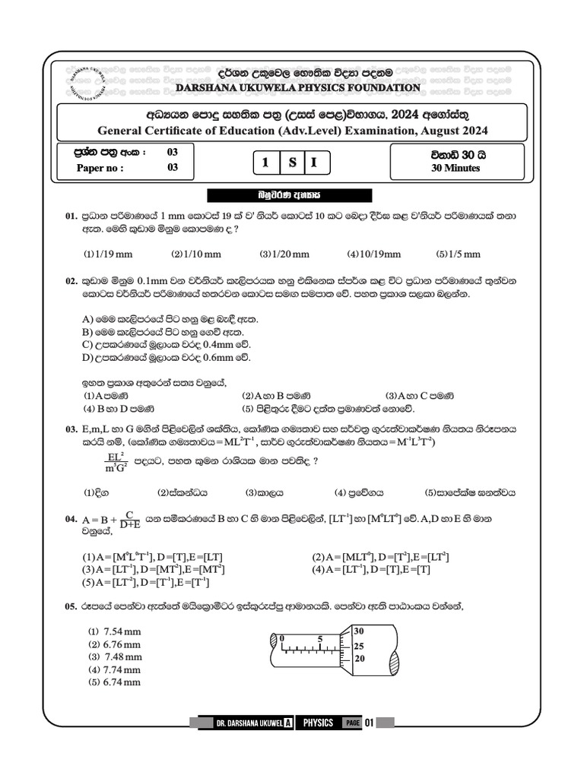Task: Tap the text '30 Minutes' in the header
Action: tap(455, 168)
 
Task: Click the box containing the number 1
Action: tap(265, 163)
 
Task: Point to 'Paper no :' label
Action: tap(100, 168)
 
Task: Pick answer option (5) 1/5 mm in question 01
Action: tap(459, 254)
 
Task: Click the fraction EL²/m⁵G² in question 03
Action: tap(115, 461)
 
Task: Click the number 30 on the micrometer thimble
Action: tap(359, 631)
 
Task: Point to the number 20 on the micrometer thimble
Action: tap(360, 659)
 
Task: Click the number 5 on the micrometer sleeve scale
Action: tap(320, 638)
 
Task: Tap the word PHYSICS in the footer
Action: tap(317, 723)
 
